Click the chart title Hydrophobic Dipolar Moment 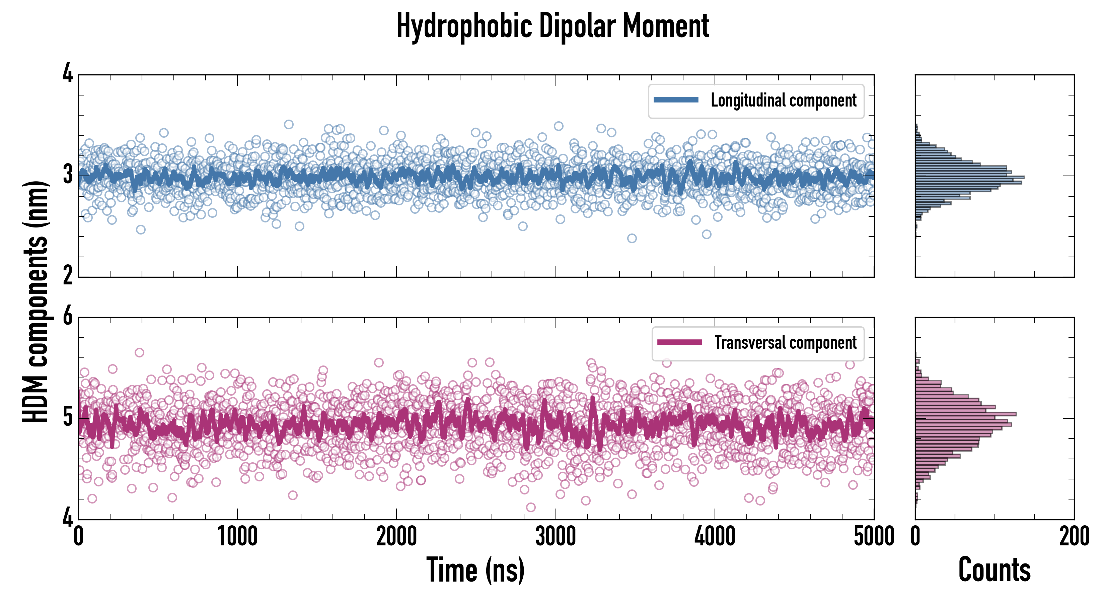pos(552,26)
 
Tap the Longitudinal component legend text pos(783,100)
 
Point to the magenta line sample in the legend pos(679,342)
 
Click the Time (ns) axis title pos(475,570)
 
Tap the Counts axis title pos(994,570)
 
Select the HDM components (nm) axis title pos(35,301)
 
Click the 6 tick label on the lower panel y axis pos(68,317)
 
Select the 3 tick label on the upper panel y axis pos(68,176)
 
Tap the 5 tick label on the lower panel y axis pos(68,418)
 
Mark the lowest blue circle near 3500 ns pos(632,238)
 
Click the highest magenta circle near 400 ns pos(139,353)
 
